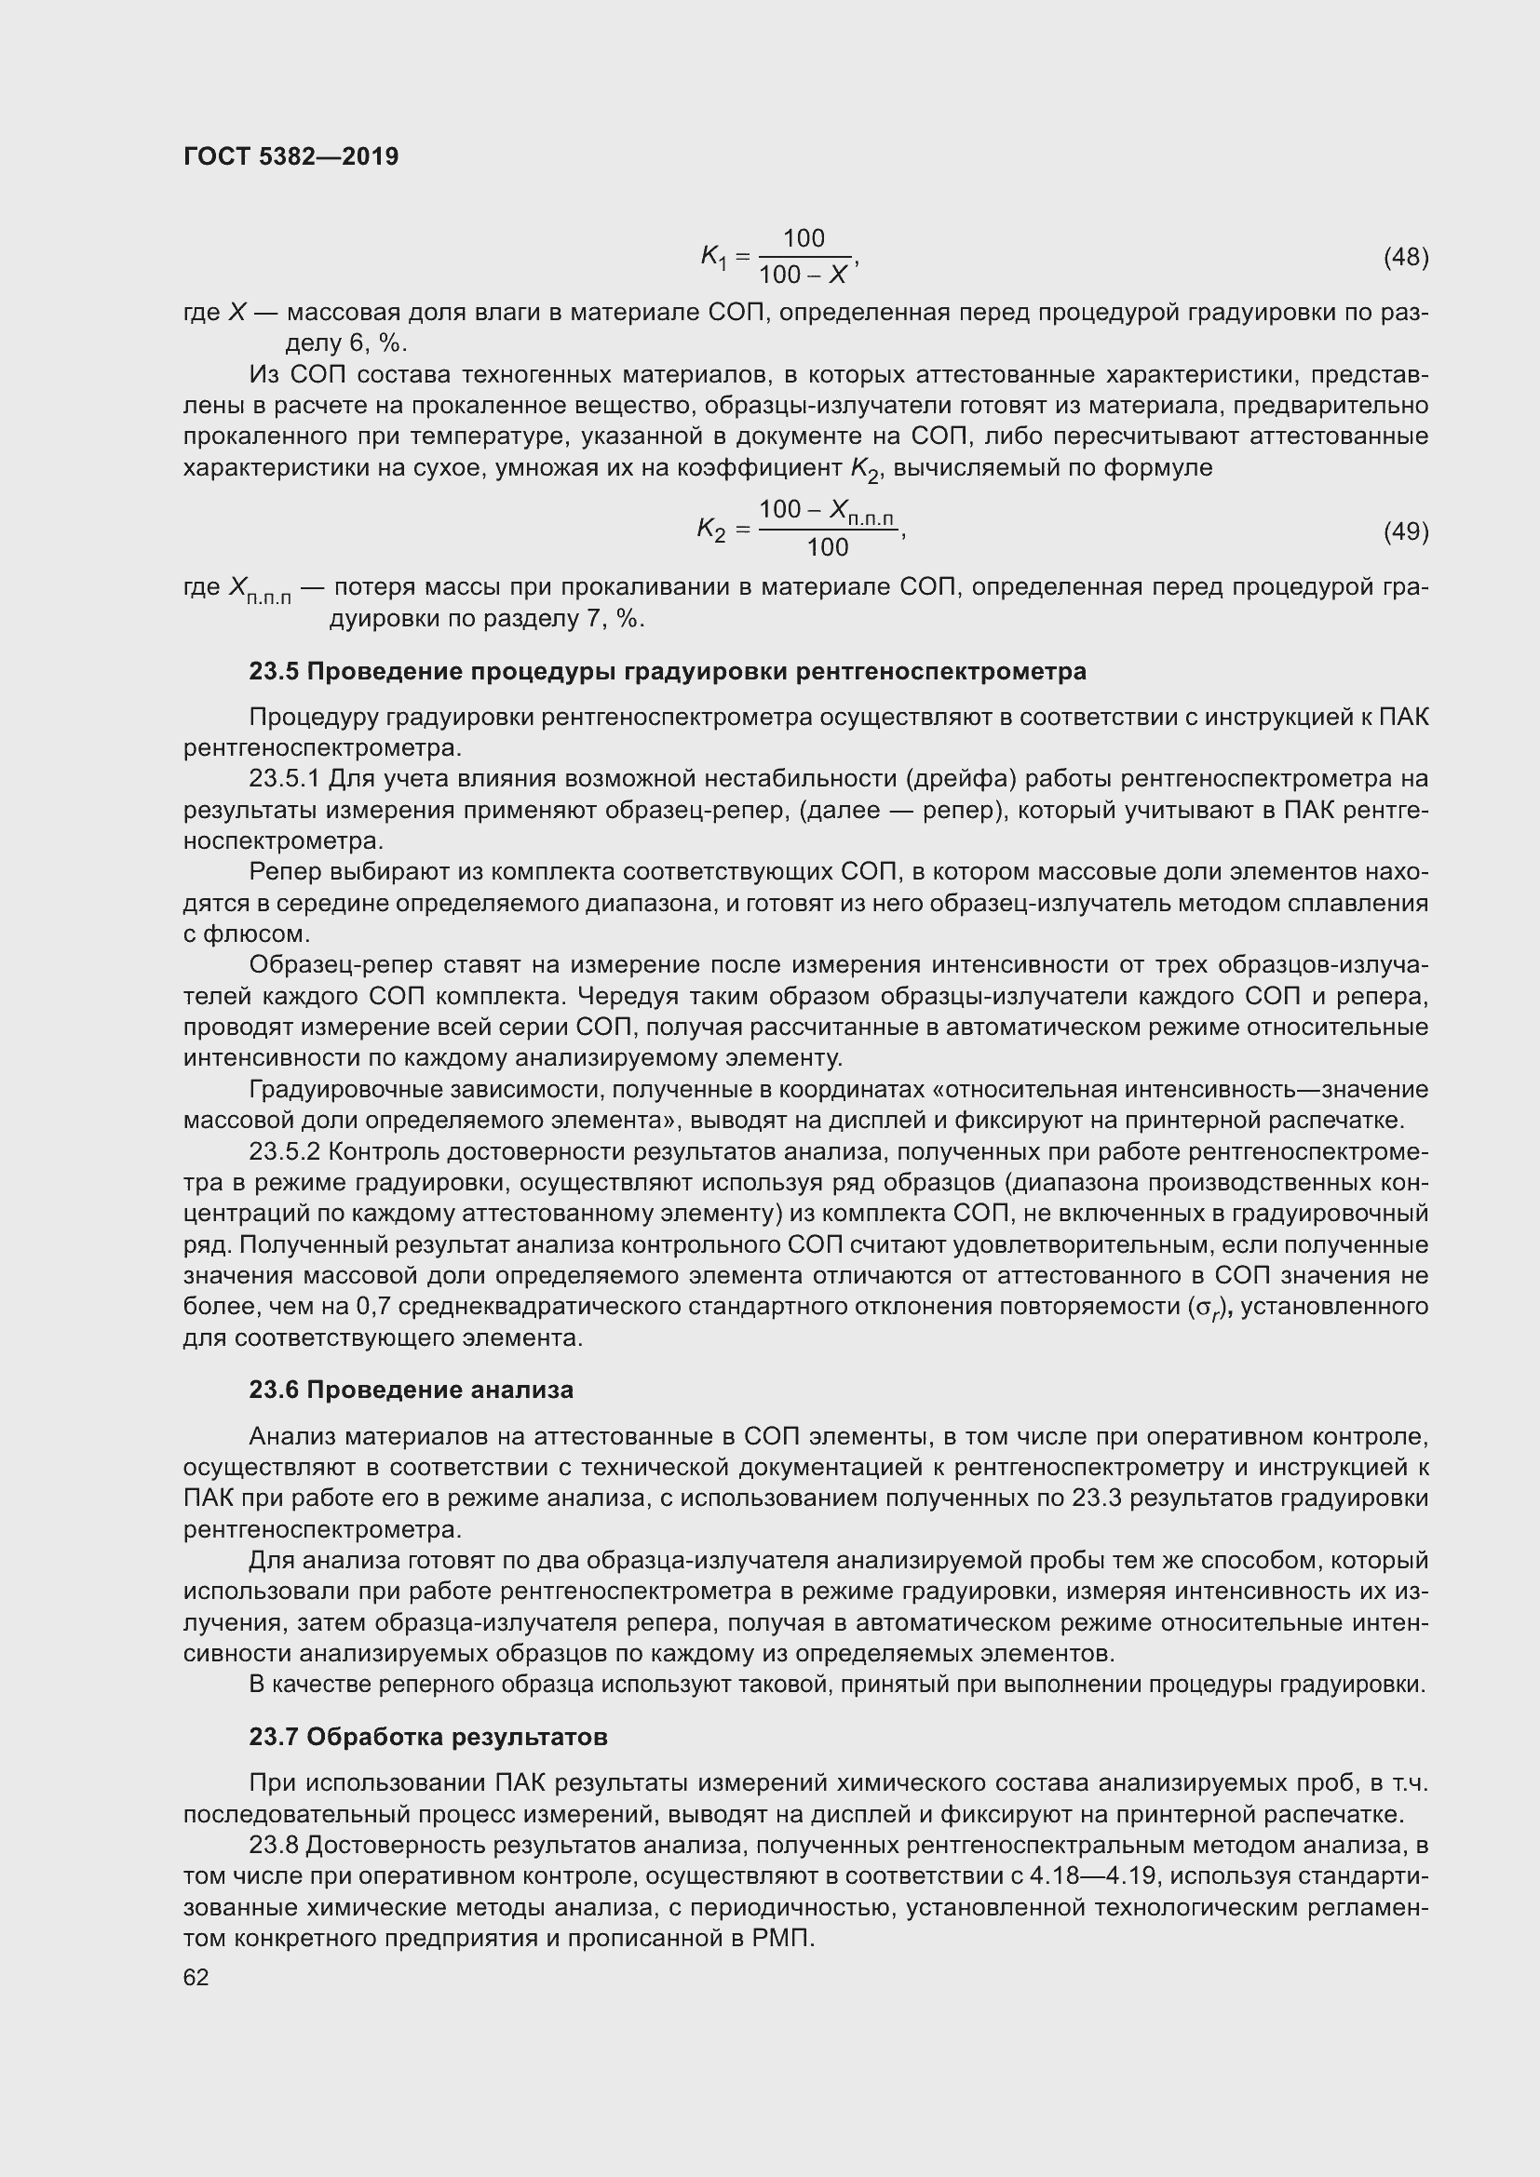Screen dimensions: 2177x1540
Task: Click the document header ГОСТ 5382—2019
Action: click(291, 156)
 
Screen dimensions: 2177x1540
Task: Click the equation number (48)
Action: click(1405, 257)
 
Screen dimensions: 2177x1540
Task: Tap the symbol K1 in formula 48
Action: click(713, 257)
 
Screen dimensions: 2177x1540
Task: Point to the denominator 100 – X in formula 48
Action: click(804, 275)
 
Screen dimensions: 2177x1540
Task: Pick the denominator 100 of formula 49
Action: click(827, 548)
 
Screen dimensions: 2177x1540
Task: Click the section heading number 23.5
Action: click(274, 672)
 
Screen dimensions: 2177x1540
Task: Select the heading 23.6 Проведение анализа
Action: click(411, 1391)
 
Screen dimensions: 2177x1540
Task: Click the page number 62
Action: click(196, 1978)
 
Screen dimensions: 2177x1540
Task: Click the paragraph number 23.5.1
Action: click(286, 779)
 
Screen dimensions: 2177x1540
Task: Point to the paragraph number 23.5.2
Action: click(286, 1152)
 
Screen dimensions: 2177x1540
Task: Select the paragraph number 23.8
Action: click(274, 1846)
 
